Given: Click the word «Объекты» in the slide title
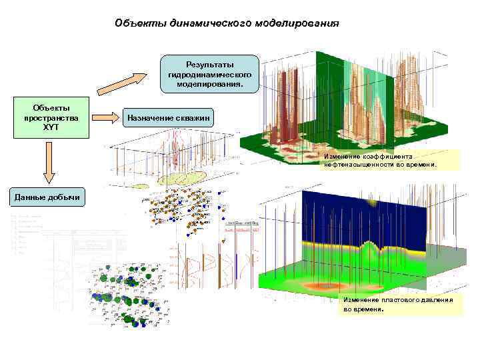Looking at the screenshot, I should (x=137, y=23).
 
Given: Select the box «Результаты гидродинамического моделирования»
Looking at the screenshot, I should (x=210, y=74).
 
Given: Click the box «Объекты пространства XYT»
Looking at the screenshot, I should (x=51, y=118).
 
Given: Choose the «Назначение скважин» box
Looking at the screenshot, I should (x=168, y=117).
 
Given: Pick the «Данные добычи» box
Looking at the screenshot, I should (x=47, y=197).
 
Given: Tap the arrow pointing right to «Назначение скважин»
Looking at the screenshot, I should (x=104, y=117).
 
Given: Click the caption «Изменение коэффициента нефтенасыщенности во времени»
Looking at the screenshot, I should (x=381, y=159).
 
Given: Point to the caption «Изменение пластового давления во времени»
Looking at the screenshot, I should (x=398, y=305).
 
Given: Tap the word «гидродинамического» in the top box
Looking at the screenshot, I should (x=210, y=75).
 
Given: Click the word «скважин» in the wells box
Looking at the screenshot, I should (x=193, y=117).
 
